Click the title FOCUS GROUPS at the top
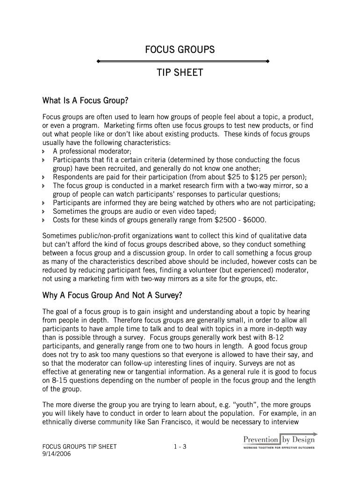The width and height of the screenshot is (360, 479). tap(180, 50)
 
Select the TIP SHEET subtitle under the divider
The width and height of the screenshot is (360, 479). tap(180, 73)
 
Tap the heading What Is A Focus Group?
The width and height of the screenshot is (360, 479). tap(85, 101)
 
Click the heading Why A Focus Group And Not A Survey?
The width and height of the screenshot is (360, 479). tap(112, 296)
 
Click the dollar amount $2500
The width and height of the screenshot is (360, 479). tap(226, 220)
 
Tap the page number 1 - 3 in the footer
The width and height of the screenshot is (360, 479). tap(180, 447)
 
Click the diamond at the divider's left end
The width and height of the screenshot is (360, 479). tap(97, 61)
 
